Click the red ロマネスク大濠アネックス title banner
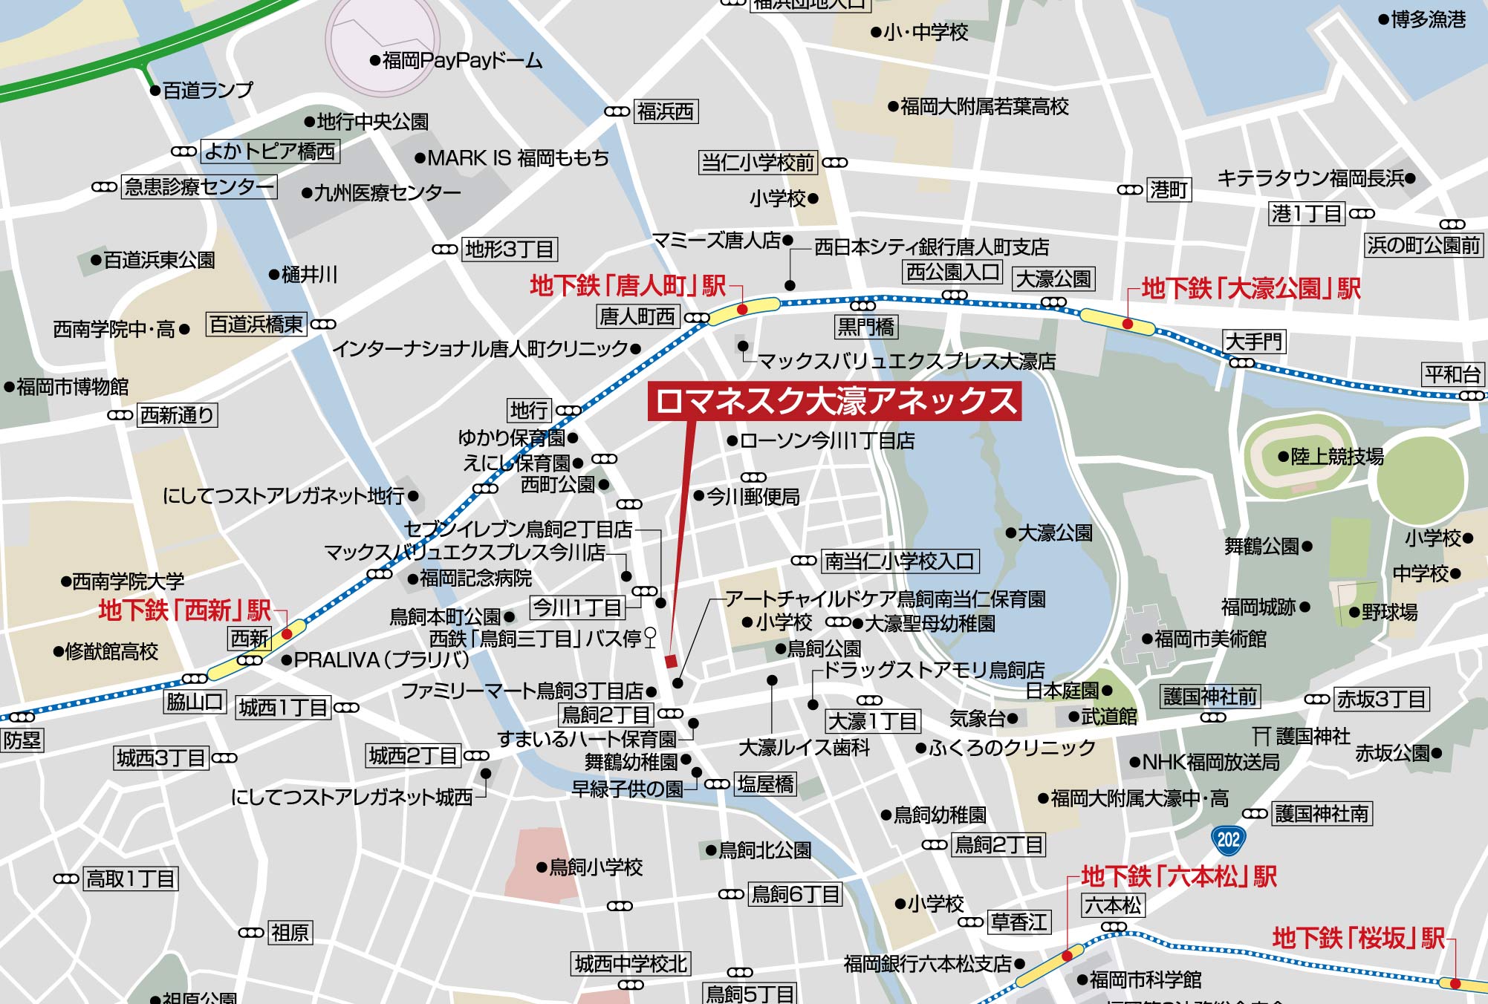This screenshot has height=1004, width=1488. [x=834, y=401]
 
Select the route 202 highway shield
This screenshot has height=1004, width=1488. [x=1228, y=839]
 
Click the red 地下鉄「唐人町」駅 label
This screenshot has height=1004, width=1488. [x=628, y=286]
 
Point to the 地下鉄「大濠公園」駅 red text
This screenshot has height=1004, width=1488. [x=1250, y=289]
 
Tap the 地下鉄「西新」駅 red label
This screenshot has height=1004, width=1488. [x=184, y=610]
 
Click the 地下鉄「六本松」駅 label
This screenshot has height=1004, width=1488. [x=1178, y=876]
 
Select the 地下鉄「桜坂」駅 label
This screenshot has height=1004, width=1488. [x=1358, y=938]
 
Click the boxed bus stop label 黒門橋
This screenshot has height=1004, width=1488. [x=865, y=327]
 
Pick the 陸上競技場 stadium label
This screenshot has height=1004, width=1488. [x=1336, y=457]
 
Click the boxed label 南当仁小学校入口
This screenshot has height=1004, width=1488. [x=899, y=561]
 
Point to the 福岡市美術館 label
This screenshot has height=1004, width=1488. [x=1209, y=639]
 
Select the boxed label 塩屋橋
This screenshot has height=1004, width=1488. [x=765, y=784]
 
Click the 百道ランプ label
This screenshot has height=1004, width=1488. [x=207, y=91]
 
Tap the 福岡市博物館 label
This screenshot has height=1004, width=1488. [x=72, y=387]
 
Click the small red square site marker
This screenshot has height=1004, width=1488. [x=671, y=662]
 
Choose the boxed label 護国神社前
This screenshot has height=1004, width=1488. [x=1210, y=697]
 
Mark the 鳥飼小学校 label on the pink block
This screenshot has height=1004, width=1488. [x=595, y=867]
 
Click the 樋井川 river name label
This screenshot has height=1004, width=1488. [x=309, y=275]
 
